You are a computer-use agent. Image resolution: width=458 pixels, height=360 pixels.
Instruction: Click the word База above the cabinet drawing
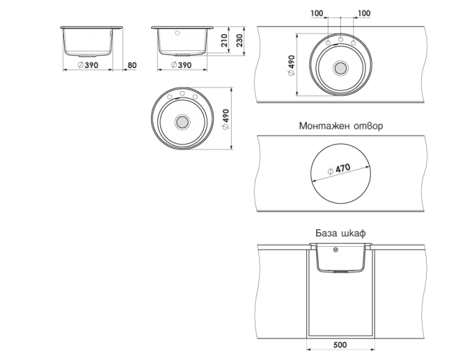pos(326,234)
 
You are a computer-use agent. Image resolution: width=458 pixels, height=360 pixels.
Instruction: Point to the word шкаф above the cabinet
pos(354,234)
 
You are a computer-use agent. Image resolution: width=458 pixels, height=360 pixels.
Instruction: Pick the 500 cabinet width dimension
pos(340,345)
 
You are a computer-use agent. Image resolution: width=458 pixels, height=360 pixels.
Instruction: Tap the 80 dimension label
pos(131,65)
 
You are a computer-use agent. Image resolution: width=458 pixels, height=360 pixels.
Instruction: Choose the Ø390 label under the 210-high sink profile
pos(180,65)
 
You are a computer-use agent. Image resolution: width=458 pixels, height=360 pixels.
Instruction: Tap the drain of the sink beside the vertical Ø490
pos(182,122)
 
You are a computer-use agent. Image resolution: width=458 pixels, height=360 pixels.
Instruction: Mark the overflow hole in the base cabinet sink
pos(336,249)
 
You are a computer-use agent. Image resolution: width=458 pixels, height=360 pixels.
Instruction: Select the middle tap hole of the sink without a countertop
pos(182,96)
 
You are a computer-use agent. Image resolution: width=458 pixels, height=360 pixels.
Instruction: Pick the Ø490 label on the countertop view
pos(291,65)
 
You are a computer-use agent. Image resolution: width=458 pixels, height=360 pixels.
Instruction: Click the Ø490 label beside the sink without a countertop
pos(226,120)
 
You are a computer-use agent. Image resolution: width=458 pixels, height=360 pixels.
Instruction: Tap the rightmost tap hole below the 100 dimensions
pos(353,43)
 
